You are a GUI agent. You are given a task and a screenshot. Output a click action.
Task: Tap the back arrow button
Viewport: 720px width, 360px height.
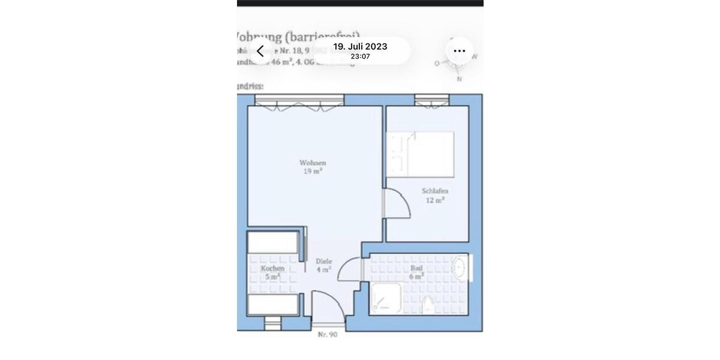[260, 51]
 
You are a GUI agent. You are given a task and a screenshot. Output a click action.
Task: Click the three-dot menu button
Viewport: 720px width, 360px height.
[459, 51]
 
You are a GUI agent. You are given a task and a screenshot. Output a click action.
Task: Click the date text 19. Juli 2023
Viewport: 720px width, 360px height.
[360, 46]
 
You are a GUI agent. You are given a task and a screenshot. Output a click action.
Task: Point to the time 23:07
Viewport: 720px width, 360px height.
[360, 56]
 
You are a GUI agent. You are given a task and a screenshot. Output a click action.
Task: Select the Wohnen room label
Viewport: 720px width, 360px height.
[313, 163]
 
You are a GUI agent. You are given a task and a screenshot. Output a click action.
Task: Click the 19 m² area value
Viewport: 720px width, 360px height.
[313, 171]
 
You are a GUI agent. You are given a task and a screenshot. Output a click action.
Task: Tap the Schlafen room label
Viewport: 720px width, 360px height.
[435, 191]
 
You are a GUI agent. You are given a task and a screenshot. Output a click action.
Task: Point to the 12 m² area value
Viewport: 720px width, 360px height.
[435, 200]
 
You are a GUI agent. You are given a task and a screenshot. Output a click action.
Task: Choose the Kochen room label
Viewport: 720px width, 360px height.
[272, 268]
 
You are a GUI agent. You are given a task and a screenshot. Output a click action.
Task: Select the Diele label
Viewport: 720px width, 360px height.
[324, 262]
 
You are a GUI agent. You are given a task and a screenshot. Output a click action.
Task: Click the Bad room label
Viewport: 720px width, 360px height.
[416, 268]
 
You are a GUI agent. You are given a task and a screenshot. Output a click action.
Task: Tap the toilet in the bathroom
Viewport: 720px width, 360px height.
[428, 305]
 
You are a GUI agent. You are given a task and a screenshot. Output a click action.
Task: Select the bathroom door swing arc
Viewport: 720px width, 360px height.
[350, 269]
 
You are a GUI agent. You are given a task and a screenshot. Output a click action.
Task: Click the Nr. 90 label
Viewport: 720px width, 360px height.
[328, 334]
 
